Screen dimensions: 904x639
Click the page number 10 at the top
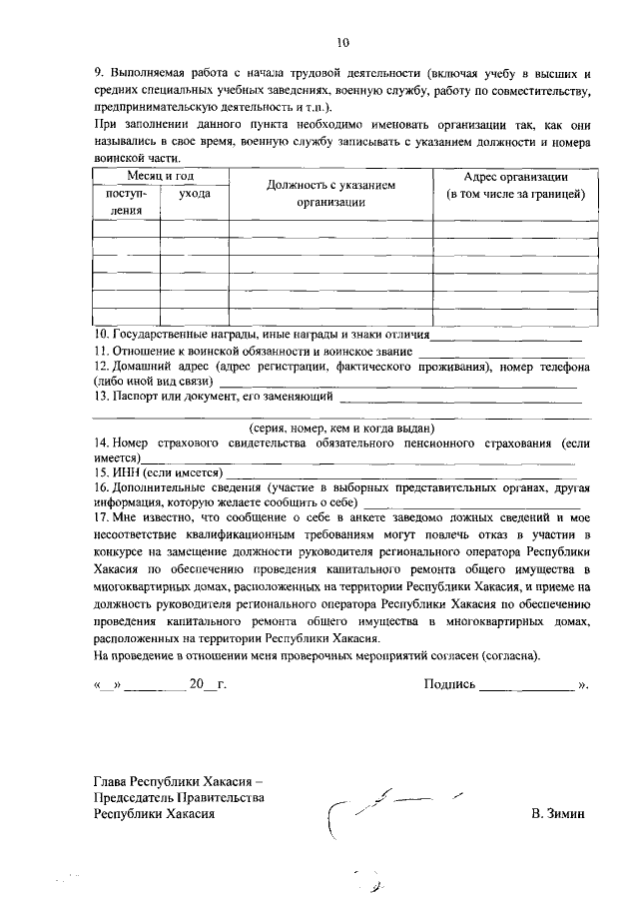(342, 42)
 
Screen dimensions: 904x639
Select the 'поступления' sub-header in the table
(126, 201)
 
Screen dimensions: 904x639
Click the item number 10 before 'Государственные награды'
(100, 334)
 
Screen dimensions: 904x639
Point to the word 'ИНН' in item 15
(126, 471)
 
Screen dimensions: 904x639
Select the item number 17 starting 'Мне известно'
(100, 516)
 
